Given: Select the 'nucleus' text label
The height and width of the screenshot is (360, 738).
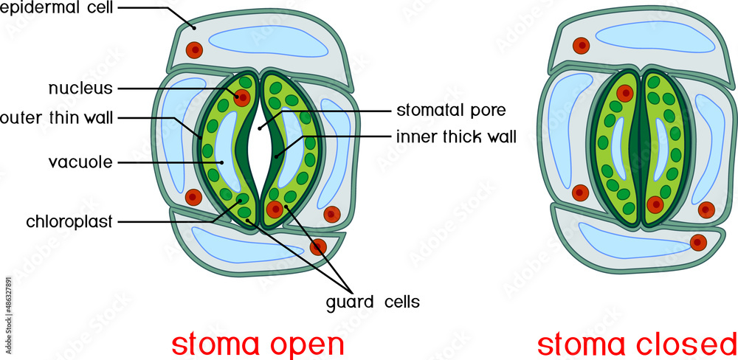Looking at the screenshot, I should pos(80,89).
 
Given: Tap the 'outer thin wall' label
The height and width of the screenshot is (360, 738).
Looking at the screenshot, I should pos(56,118).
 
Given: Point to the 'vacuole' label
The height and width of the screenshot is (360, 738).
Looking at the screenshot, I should pos(80,162).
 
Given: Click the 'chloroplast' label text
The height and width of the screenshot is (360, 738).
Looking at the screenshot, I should pos(69,221).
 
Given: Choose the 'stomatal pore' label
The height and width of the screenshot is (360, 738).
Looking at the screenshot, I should pos(451,111).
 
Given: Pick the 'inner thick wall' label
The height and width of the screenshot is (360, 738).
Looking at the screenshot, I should pos(456,136).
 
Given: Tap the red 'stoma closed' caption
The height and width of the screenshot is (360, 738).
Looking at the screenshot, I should pos(636,344).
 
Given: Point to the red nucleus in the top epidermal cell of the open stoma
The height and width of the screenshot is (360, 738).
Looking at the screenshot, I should pos(194,49).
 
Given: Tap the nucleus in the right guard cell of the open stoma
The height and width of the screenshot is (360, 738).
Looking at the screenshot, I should pos(275,210).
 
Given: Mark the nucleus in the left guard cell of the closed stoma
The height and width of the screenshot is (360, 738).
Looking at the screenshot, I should pos(625,93).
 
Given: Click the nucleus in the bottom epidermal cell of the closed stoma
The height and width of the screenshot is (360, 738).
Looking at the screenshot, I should pos(697,241).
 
